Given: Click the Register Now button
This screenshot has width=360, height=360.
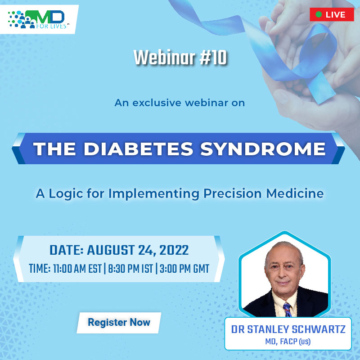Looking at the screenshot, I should [x=119, y=322].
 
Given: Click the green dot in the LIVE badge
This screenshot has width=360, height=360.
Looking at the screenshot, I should [x=319, y=14].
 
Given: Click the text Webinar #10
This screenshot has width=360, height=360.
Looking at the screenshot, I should [x=180, y=58].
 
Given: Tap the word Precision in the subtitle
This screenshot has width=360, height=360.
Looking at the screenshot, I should [x=227, y=194].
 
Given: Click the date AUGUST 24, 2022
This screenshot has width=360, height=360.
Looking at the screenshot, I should [x=138, y=250].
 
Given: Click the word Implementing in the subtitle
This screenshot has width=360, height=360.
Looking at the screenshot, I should [x=145, y=194].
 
